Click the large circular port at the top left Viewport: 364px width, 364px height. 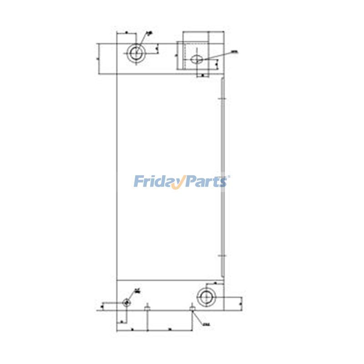click(135, 53)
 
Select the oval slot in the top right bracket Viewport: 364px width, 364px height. click(197, 59)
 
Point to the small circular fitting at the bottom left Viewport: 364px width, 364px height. click(126, 302)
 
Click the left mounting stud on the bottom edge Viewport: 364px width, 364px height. click(147, 308)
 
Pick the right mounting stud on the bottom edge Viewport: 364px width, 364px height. click(192, 308)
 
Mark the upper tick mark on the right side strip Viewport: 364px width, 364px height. click(222, 98)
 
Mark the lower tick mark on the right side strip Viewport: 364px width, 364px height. click(222, 257)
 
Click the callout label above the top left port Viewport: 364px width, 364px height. click(150, 33)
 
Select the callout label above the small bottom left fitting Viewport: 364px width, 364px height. click(137, 291)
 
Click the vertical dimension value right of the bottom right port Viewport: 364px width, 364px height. click(240, 302)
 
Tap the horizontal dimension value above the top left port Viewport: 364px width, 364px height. click(126, 33)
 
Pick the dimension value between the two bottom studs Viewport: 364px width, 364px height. click(169, 328)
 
